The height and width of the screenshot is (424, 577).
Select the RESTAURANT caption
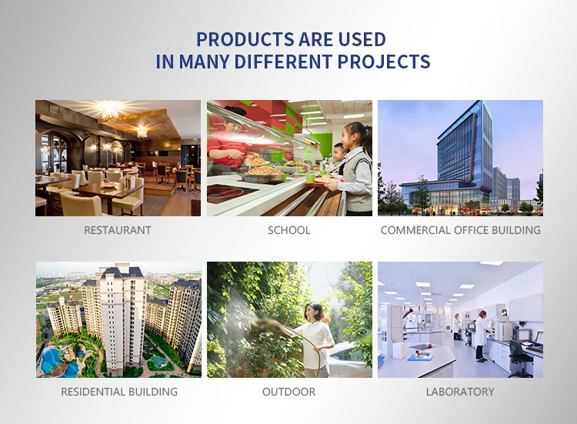tap(118, 230)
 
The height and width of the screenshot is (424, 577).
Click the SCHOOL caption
tap(288, 230)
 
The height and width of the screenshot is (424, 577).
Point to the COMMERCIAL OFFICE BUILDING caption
tap(460, 230)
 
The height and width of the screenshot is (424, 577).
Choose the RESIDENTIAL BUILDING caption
tap(119, 392)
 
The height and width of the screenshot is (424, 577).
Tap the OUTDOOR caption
tap(288, 392)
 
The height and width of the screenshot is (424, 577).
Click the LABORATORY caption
tap(460, 392)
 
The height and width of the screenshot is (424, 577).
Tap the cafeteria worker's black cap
tap(235, 110)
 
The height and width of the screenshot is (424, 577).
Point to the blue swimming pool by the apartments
tap(59, 362)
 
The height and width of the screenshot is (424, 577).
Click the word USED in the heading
tap(362, 39)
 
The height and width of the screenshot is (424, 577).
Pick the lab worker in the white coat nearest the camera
tap(482, 336)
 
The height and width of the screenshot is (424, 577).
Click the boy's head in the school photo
tap(339, 151)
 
